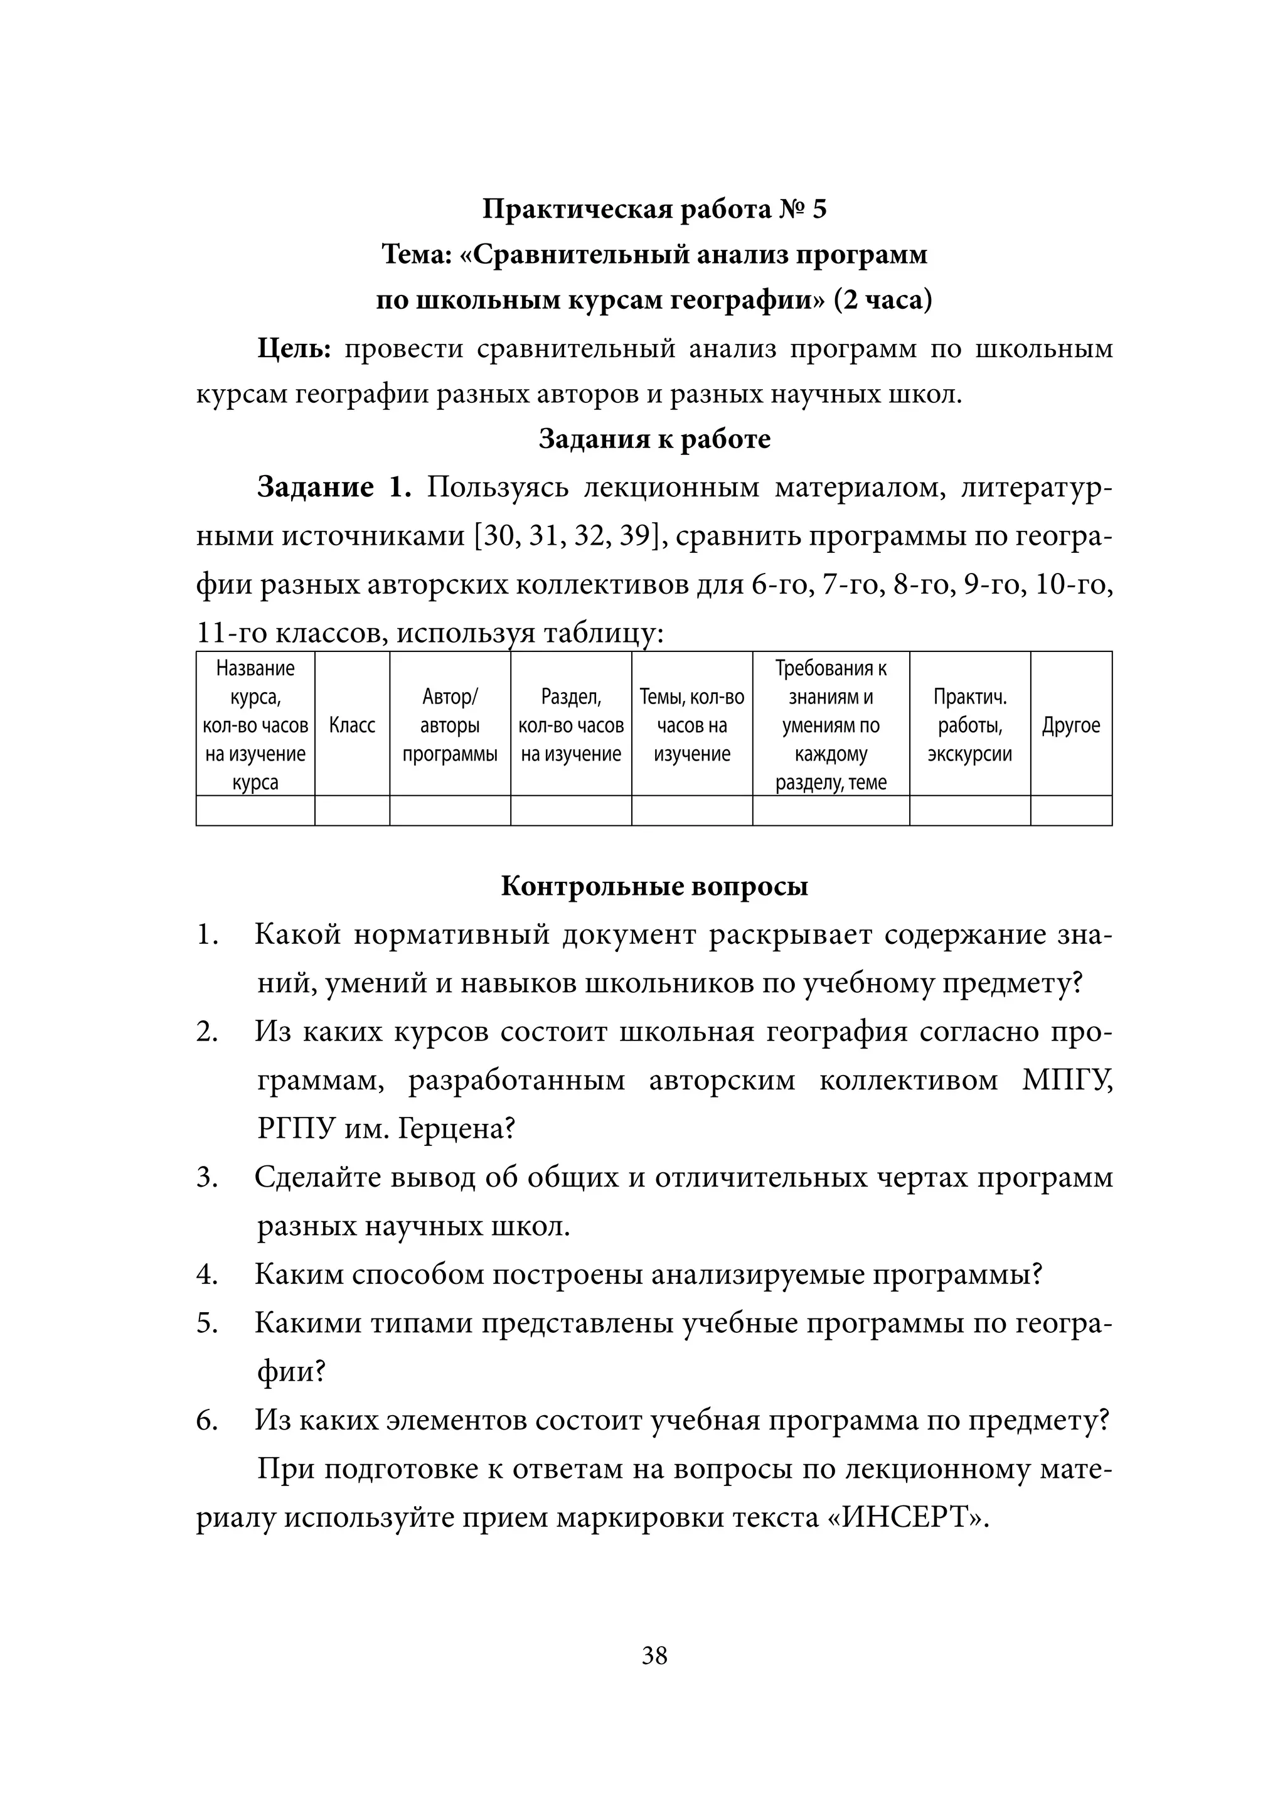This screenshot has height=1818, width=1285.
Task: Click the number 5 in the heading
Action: tap(818, 210)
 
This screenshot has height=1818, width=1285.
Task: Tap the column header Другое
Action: tap(1070, 725)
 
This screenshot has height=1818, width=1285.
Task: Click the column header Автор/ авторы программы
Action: tap(450, 725)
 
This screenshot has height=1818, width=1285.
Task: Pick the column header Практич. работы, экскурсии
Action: tap(970, 725)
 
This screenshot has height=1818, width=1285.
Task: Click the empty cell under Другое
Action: tap(1070, 811)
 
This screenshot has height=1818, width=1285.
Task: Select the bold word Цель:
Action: tap(294, 349)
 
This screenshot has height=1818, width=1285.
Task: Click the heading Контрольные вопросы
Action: tap(654, 886)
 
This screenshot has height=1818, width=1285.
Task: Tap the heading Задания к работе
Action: tap(654, 439)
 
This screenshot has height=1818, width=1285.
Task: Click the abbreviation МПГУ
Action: tap(1067, 1081)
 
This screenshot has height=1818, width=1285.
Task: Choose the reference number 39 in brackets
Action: tap(637, 536)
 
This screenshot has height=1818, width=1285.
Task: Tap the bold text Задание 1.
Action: tap(334, 487)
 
